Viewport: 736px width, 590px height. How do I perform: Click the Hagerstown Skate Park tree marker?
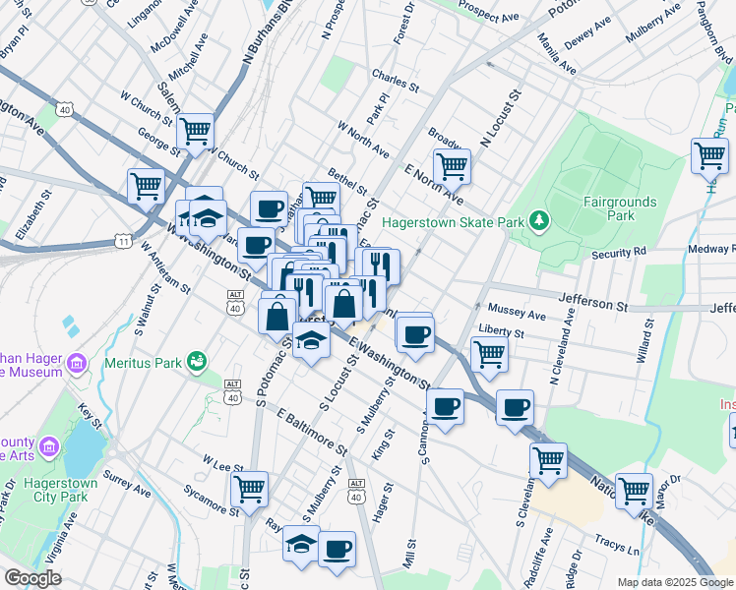coord(538,222)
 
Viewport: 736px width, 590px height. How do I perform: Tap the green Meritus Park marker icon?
coord(196,361)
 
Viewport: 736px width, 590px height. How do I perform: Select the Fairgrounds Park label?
coord(619,207)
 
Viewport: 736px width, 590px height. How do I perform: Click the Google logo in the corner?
coord(32,578)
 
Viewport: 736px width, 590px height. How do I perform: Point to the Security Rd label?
coord(619,253)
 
